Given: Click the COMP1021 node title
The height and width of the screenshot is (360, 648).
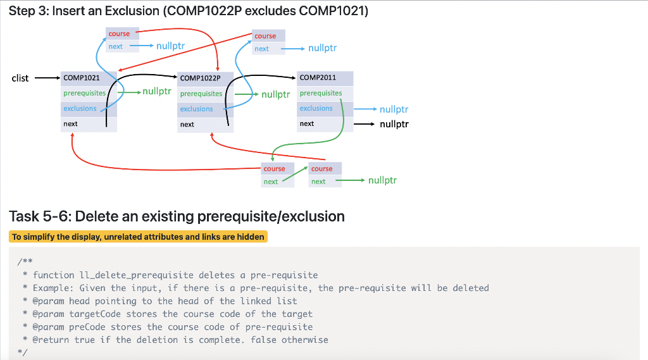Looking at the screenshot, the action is pos(82,78).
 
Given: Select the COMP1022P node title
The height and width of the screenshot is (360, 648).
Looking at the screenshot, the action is pos(200,78).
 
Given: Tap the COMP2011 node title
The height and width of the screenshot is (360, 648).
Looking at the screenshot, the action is pos(318,77).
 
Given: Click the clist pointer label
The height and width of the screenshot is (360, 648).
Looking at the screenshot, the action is pos(20,78).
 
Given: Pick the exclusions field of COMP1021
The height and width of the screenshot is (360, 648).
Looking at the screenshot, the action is pos(80,108).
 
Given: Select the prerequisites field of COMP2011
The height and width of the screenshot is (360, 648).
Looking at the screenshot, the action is pos(321,94).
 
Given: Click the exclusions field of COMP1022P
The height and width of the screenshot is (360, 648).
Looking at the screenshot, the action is pos(196,109).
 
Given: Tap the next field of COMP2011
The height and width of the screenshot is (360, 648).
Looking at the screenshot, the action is pos(307,123).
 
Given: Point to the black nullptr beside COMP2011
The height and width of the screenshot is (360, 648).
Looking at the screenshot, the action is pos(394,124).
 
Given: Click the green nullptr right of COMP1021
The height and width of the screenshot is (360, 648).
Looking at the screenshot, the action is pos(157,91).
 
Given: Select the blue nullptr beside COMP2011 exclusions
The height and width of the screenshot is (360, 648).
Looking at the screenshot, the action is pos(394,109).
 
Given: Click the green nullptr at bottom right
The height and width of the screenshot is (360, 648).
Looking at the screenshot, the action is pos(382,180).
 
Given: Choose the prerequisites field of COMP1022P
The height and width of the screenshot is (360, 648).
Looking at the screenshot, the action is pos(201,94).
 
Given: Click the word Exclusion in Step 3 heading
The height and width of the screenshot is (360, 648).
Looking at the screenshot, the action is pos(132,11).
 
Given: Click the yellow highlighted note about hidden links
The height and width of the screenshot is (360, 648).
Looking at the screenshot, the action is pos(138,237).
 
